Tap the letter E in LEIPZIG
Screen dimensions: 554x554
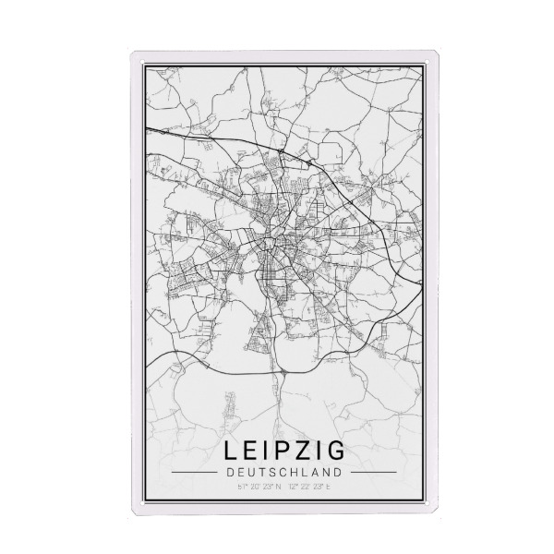click(252, 452)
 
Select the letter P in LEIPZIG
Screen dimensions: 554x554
click(283, 452)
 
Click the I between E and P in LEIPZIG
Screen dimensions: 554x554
click(268, 452)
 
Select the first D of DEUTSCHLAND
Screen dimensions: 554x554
click(227, 471)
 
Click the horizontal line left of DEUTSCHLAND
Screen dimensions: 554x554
click(195, 471)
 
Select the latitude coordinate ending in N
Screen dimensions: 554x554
click(258, 487)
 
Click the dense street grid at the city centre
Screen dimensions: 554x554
click(274, 242)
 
